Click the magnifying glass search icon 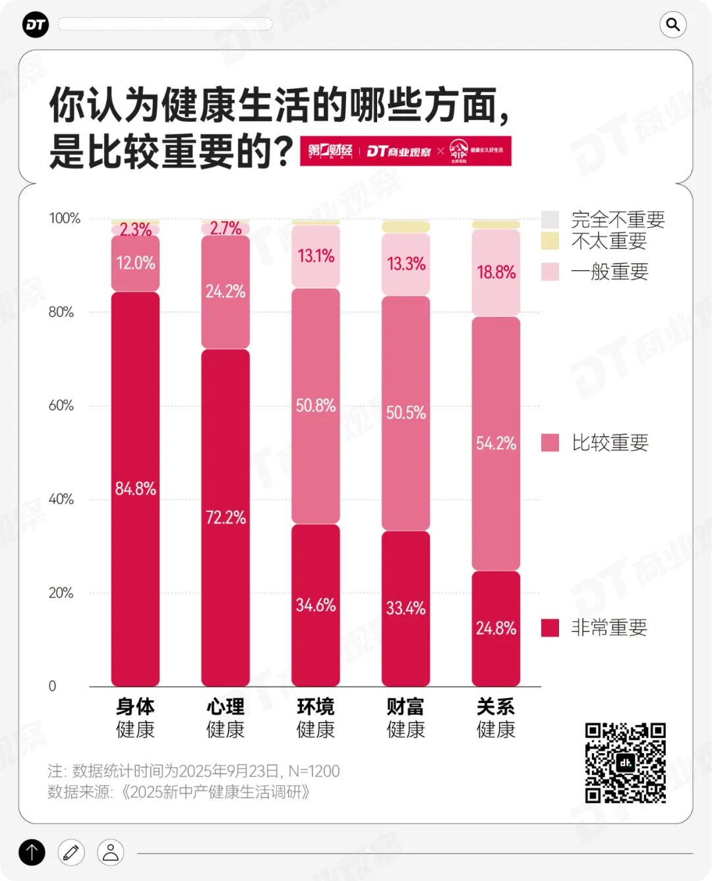tap(672, 25)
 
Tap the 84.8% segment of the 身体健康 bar tap(135, 488)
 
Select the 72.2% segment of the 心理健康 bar tap(225, 517)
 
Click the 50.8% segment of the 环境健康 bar tap(316, 405)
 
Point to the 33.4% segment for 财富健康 tap(405, 608)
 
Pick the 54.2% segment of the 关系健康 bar tap(496, 443)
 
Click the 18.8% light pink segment tap(496, 272)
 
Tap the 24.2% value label tap(225, 291)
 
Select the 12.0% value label tap(135, 263)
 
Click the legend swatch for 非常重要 tap(550, 627)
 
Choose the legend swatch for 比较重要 tap(550, 443)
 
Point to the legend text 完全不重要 tap(618, 219)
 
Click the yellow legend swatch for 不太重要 tap(550, 241)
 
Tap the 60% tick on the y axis tap(61, 405)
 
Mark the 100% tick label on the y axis tap(65, 218)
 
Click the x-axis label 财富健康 tap(405, 718)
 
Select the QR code tap(625, 762)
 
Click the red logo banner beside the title tap(405, 151)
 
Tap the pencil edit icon tap(71, 852)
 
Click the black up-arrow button tap(32, 852)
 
